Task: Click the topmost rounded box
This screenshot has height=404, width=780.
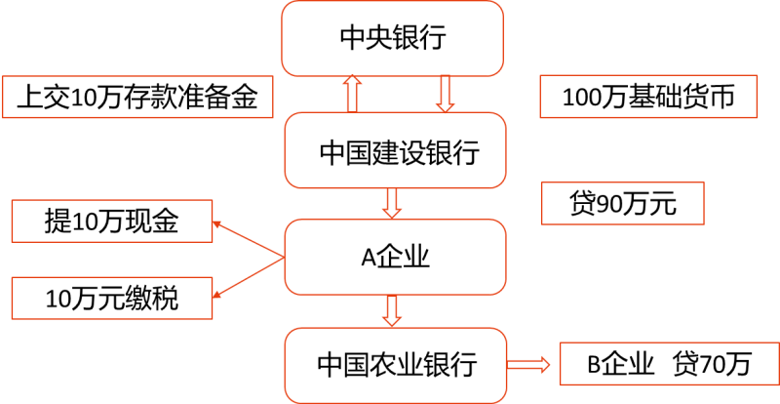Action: pos(392,38)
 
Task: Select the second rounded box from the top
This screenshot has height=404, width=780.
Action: pos(395,150)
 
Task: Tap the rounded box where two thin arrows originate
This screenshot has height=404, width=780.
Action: pos(395,257)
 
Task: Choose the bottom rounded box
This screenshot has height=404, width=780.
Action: pos(395,365)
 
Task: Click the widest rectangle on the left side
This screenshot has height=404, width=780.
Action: pos(137,97)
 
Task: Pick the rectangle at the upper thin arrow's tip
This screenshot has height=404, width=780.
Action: pos(112,221)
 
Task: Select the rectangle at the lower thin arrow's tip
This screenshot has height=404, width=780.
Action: pos(112,298)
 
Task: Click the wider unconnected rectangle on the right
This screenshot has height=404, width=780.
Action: pos(648,97)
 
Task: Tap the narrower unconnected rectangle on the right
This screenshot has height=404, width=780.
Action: pos(622,203)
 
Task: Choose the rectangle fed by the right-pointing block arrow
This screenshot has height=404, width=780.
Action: pos(669,364)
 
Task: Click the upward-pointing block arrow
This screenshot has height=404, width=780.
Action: pos(352,95)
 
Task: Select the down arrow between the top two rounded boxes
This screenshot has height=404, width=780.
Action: pos(446,94)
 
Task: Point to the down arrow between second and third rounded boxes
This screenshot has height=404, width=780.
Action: pos(392,203)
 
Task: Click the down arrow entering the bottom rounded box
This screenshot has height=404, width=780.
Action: pos(392,310)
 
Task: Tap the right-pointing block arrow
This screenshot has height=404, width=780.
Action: pos(528,365)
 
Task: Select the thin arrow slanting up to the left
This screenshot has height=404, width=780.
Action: pos(249,240)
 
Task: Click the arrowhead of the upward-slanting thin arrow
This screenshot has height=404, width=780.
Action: pos(216,223)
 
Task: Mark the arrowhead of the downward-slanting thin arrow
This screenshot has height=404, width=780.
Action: pos(216,294)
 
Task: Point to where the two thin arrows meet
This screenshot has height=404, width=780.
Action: pos(283,258)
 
